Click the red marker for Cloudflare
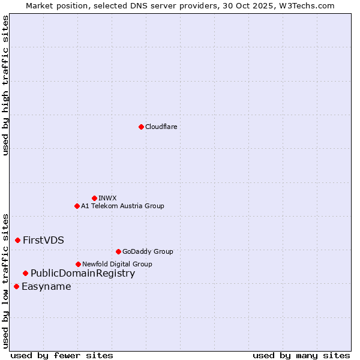click(x=141, y=127)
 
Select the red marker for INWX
click(x=94, y=198)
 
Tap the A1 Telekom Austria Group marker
click(x=77, y=206)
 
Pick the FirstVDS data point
click(x=17, y=240)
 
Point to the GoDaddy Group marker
click(x=118, y=251)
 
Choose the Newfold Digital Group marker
click(x=78, y=264)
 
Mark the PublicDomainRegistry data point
click(x=25, y=273)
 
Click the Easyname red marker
click(x=16, y=286)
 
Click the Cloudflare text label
click(x=161, y=127)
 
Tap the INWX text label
click(x=107, y=198)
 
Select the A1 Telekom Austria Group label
click(x=122, y=206)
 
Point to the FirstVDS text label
click(x=43, y=240)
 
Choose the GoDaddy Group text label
click(x=148, y=251)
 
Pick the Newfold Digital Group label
click(x=117, y=264)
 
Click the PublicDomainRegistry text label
click(x=83, y=273)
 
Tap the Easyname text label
click(x=46, y=286)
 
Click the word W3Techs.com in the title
click(x=309, y=5)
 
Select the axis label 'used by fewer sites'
click(x=62, y=355)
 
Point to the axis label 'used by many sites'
click(x=301, y=355)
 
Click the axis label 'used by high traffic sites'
click(x=5, y=85)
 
